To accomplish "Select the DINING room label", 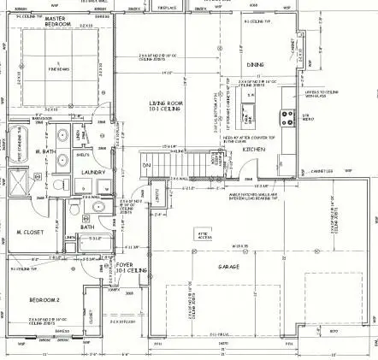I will (255, 64).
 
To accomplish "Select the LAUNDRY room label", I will (92, 171).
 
